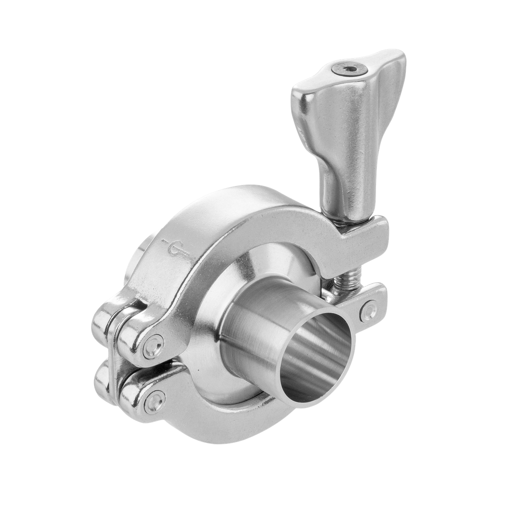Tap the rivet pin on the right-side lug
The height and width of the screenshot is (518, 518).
coord(368,310)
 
